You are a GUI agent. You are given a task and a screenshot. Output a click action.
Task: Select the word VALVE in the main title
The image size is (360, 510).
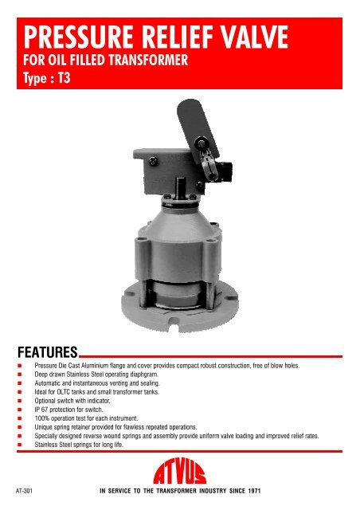(248, 37)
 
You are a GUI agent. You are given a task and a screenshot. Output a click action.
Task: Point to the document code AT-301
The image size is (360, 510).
(26, 493)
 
